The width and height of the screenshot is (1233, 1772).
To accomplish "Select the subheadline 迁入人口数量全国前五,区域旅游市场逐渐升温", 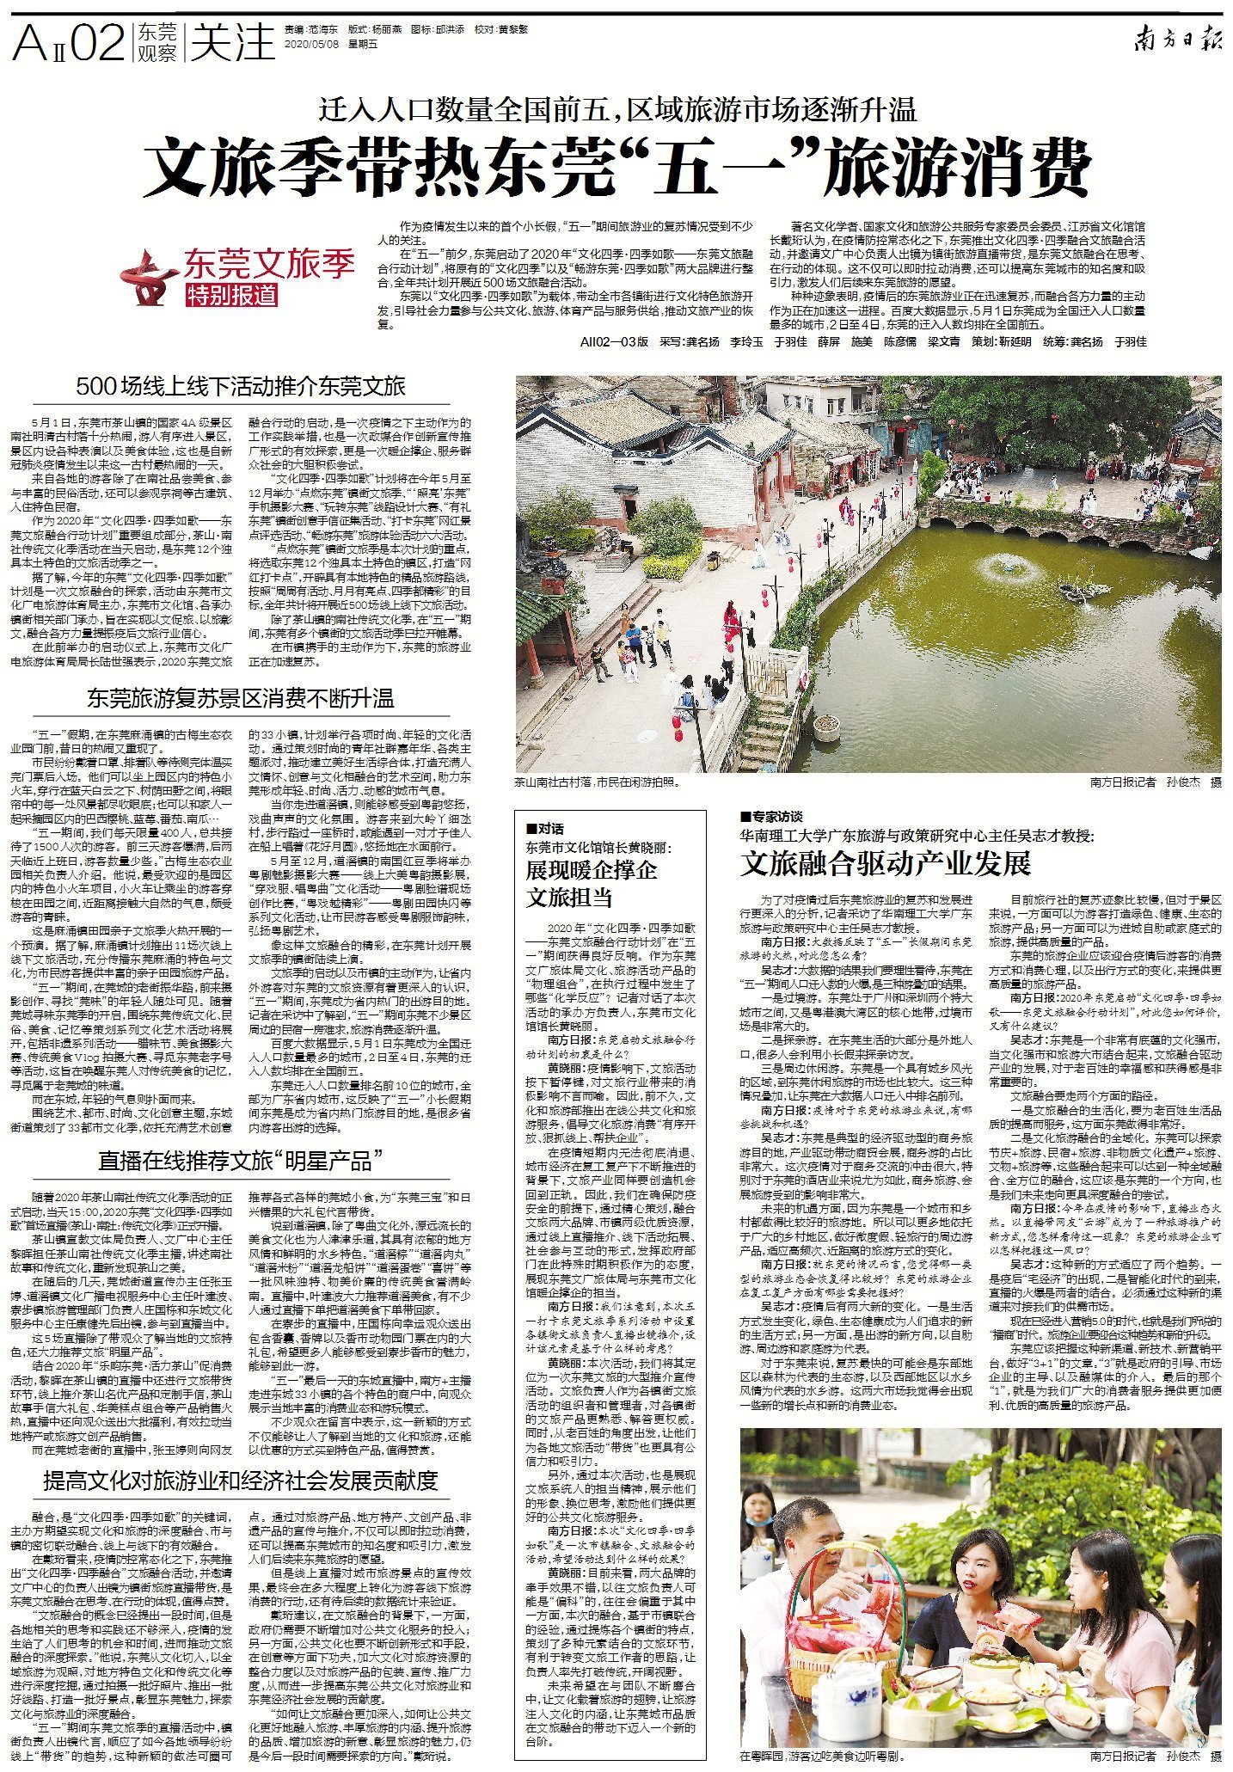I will coord(617,110).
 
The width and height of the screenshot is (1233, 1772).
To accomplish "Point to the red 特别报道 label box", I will coord(232,295).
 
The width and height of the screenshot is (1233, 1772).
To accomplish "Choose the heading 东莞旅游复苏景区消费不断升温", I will coord(241,697).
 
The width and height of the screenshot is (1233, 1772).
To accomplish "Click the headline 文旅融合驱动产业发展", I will coord(885,863).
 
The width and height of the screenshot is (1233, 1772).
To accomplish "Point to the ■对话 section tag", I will coord(544,829).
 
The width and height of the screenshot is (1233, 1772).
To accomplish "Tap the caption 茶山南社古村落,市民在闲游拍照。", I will coord(597,782).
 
